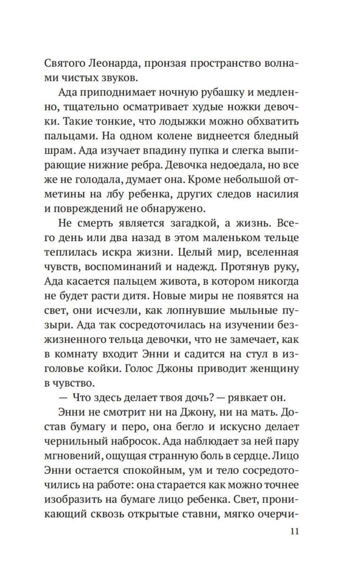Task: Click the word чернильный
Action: (x=76, y=441)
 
